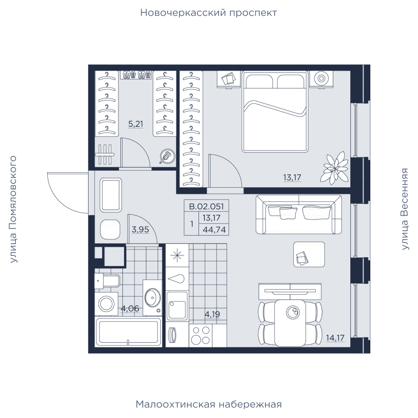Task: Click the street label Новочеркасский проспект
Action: tap(209, 13)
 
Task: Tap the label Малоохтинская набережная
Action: tap(209, 404)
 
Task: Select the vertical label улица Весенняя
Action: tap(405, 209)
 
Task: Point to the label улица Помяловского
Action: tap(13, 209)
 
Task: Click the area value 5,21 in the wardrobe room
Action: tap(136, 124)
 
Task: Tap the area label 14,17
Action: tap(335, 338)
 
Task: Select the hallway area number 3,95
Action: tap(140, 229)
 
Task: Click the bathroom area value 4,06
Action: tap(130, 308)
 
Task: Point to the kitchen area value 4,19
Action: tap(212, 314)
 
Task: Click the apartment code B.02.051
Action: tap(206, 206)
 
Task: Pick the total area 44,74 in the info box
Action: tap(214, 229)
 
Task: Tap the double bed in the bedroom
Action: tap(275, 112)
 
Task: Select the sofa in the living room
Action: tap(298, 215)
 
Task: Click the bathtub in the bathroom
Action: tap(128, 332)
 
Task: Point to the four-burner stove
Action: tap(201, 335)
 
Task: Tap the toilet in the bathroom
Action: tap(107, 281)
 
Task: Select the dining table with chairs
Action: tap(290, 323)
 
